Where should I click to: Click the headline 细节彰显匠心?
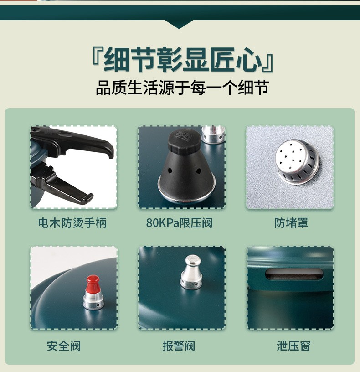[183, 60]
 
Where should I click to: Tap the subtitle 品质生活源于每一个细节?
[182, 88]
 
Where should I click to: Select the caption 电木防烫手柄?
[72, 223]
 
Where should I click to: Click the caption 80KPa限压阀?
[179, 223]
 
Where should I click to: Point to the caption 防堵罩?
[291, 223]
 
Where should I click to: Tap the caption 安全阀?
[64, 346]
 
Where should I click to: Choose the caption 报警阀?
[179, 346]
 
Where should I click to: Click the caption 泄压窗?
[293, 346]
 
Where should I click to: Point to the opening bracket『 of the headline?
[97, 57]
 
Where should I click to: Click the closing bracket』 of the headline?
[268, 63]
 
